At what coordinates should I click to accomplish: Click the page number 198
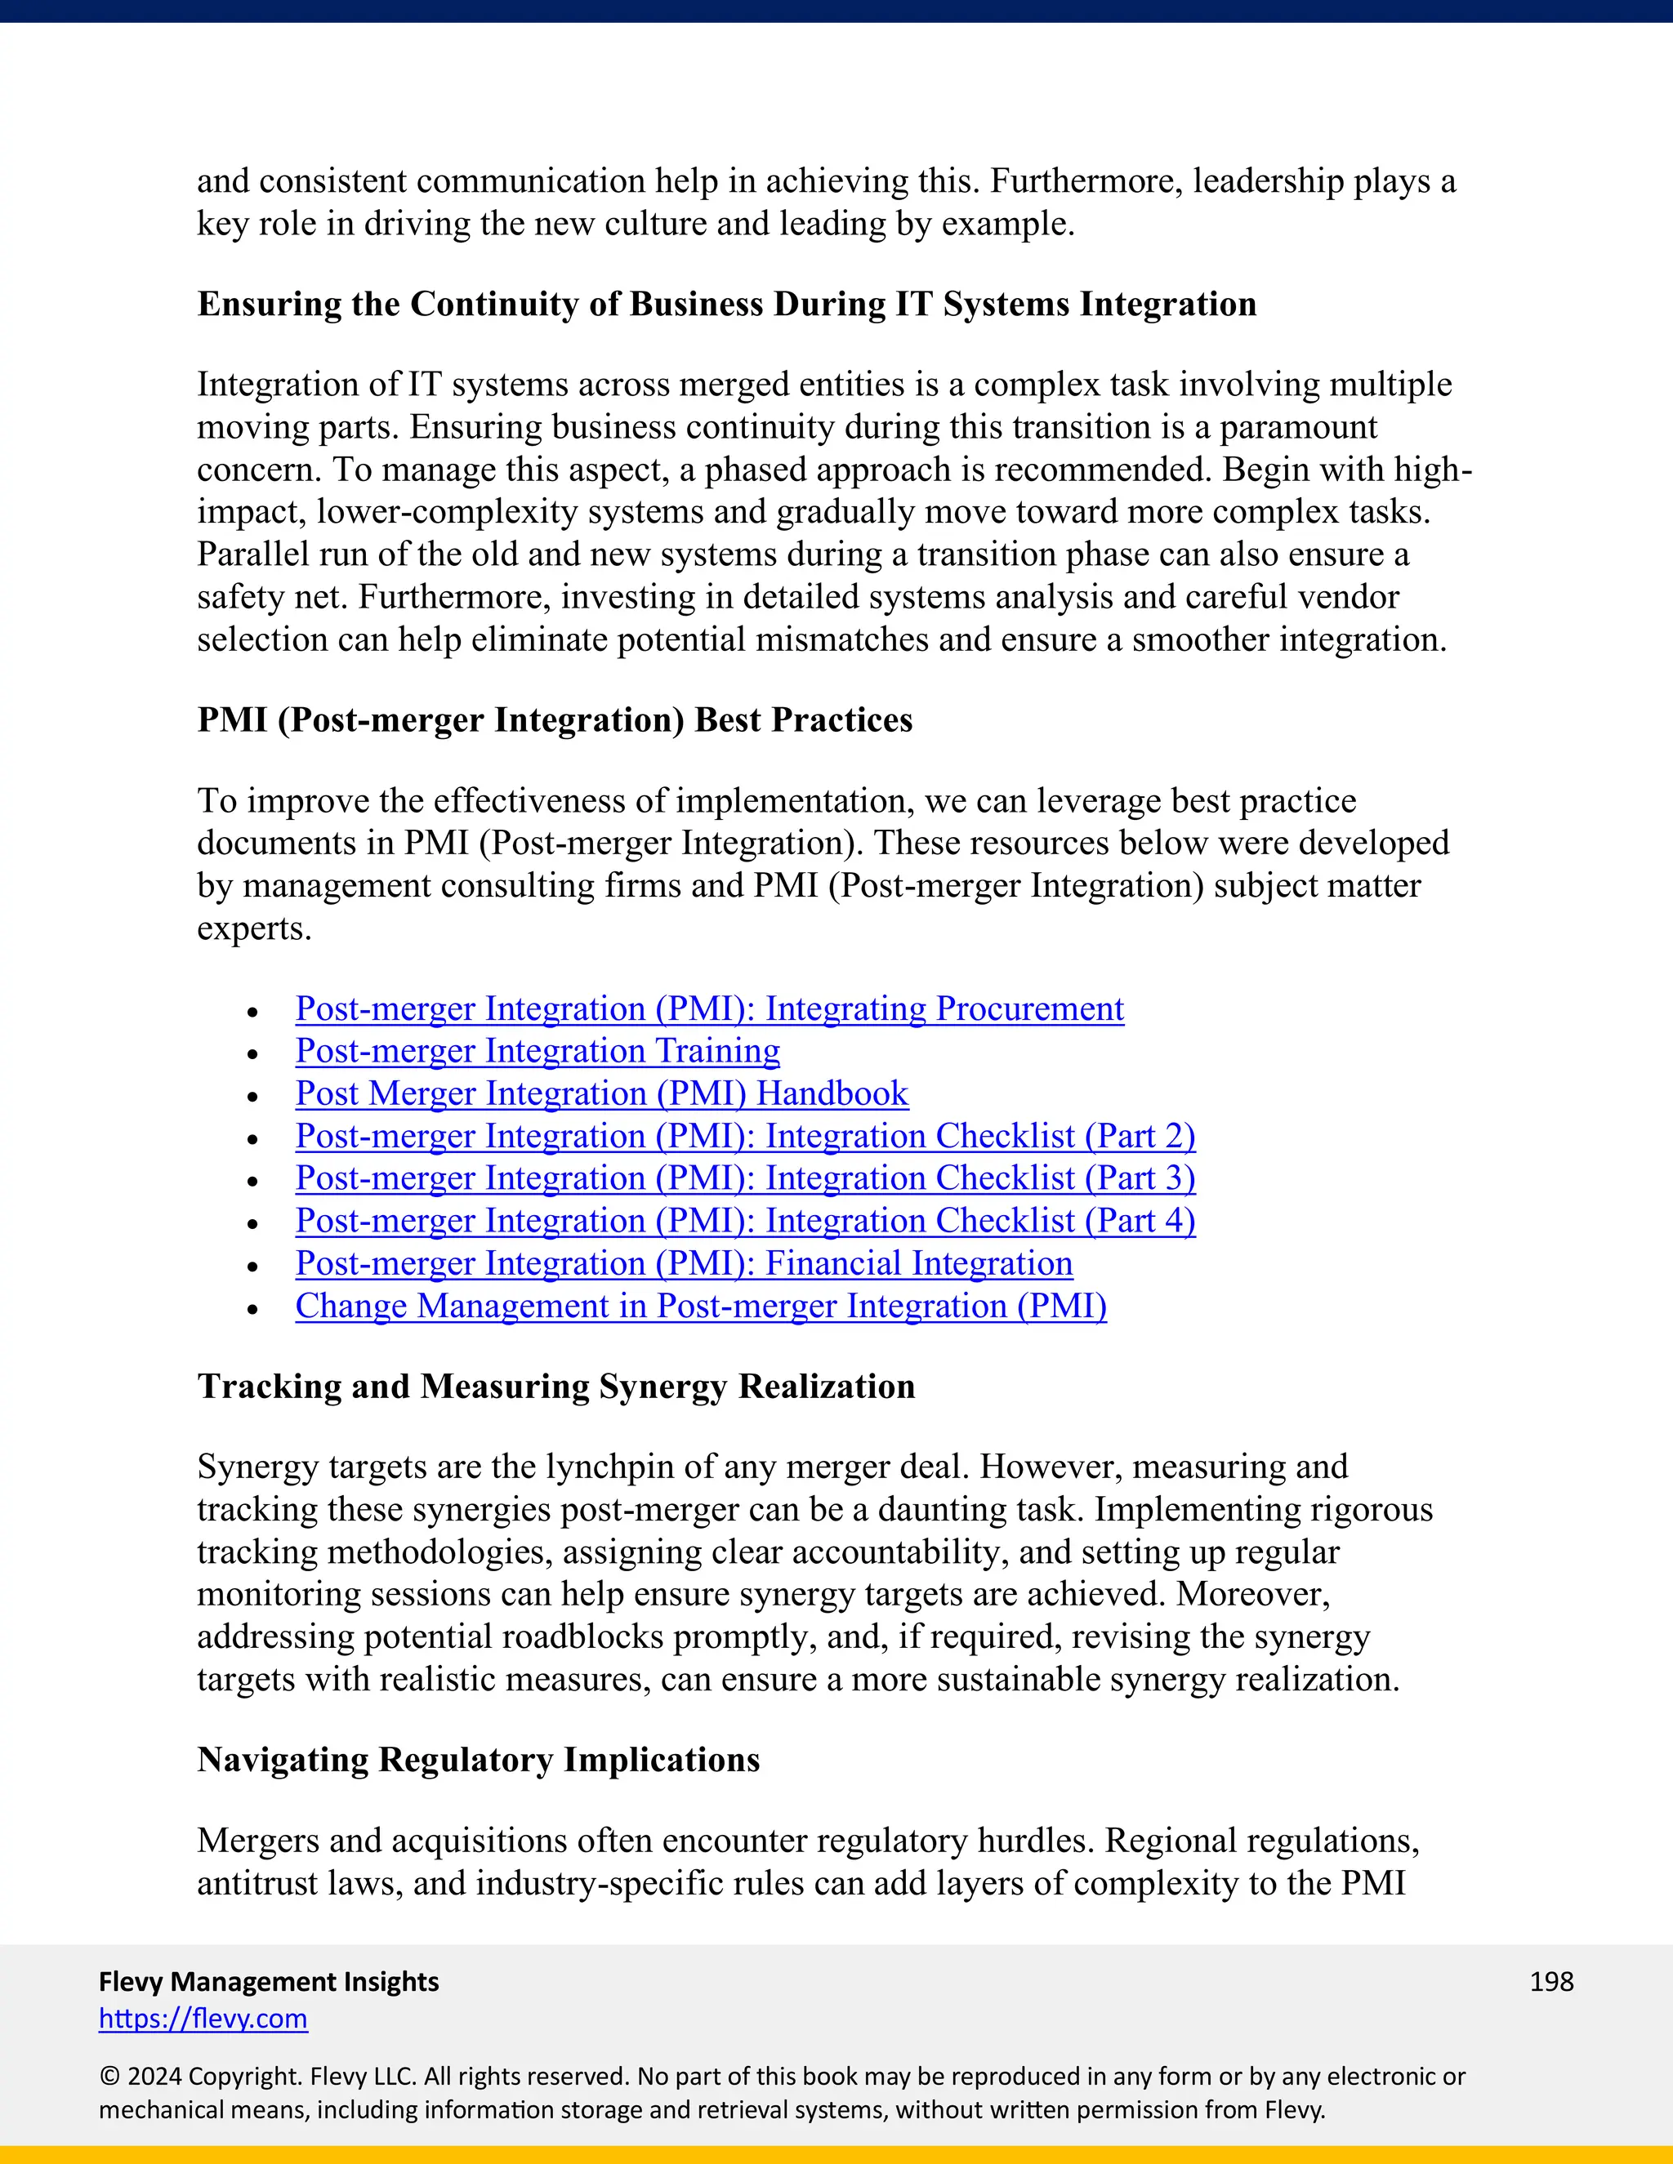tap(1551, 1982)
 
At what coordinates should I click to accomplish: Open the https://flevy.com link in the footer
tap(203, 2019)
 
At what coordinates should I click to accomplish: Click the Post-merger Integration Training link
tap(538, 1050)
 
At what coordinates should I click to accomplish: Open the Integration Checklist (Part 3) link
tap(745, 1178)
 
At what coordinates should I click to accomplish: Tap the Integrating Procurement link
tap(710, 1009)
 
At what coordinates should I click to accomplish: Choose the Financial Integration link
tap(684, 1263)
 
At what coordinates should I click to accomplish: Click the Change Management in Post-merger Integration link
tap(701, 1306)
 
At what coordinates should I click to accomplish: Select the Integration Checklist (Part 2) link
tap(745, 1136)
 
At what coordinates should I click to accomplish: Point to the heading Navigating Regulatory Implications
tap(479, 1760)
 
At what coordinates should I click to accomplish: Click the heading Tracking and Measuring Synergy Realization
tap(556, 1387)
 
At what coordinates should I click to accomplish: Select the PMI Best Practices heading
tap(555, 720)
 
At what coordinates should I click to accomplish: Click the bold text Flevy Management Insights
tap(269, 1982)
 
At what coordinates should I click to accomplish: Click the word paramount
tap(1297, 427)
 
